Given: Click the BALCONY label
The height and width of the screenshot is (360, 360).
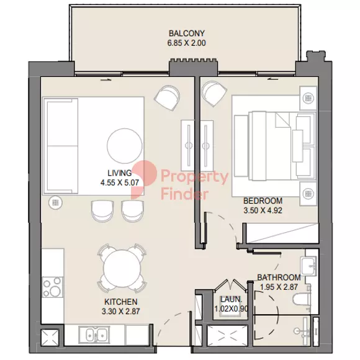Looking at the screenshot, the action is [x=186, y=34].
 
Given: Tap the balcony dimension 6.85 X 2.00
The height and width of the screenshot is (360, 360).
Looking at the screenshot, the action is [x=186, y=43].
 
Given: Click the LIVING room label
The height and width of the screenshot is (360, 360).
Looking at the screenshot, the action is [x=119, y=173].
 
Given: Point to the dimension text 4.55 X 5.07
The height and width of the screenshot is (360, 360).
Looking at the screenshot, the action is [x=119, y=182].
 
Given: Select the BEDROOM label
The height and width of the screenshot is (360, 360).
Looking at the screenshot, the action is [x=263, y=201].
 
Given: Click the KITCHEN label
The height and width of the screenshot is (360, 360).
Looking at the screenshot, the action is [x=121, y=302].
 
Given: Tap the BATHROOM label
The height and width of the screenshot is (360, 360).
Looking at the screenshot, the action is [x=279, y=277].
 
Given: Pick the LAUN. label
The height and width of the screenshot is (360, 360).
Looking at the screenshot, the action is [x=231, y=299].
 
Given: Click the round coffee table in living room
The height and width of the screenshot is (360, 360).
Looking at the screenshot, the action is [x=125, y=146].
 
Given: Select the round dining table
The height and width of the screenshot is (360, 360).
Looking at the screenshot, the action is [x=122, y=268].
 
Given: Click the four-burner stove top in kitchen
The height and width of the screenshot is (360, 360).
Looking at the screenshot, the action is [x=52, y=287].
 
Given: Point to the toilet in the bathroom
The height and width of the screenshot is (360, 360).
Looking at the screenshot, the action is [x=302, y=299].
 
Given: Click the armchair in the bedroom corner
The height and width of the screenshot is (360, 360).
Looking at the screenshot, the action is [x=214, y=93].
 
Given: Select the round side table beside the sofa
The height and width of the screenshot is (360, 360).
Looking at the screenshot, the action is [x=55, y=202].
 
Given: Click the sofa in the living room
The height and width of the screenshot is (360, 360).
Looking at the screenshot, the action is [x=61, y=146].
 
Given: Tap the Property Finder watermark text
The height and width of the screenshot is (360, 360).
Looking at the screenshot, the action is [x=194, y=185].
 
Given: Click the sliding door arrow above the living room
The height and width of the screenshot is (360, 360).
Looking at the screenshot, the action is [x=106, y=79].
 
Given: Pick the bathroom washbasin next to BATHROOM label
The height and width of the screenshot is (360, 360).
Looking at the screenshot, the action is [x=309, y=266].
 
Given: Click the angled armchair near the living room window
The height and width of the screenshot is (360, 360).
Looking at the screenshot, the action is [x=167, y=97].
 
